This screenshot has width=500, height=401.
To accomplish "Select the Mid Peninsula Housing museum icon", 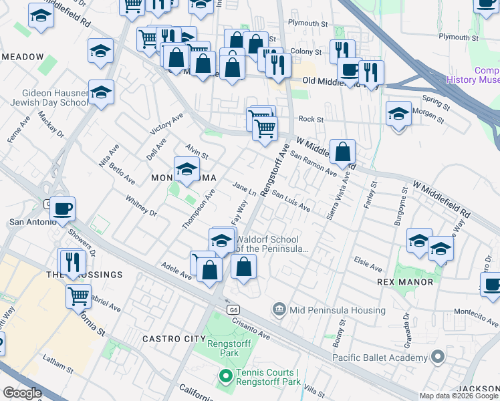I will (279, 310).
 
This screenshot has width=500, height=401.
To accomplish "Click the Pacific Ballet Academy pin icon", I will (439, 358).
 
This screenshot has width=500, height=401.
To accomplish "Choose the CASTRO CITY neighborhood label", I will (174, 340).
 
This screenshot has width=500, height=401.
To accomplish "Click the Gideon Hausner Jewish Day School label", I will (49, 98).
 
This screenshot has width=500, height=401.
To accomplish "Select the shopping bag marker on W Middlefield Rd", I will (342, 153).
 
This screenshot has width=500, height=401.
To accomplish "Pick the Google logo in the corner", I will (22, 393).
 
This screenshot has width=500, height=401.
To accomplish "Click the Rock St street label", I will (311, 120).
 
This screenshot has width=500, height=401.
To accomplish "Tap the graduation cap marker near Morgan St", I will (398, 112).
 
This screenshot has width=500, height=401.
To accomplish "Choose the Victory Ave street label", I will (166, 124).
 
